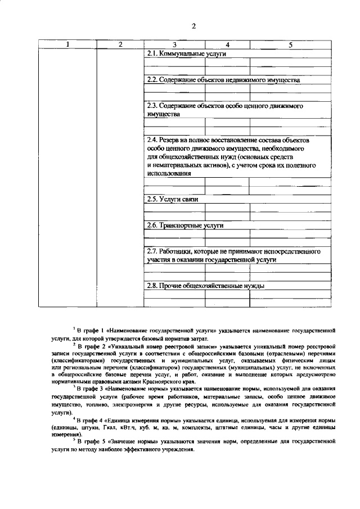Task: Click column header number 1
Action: (67, 44)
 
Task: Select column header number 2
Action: (120, 44)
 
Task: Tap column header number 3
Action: (174, 44)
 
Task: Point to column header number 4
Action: (227, 44)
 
